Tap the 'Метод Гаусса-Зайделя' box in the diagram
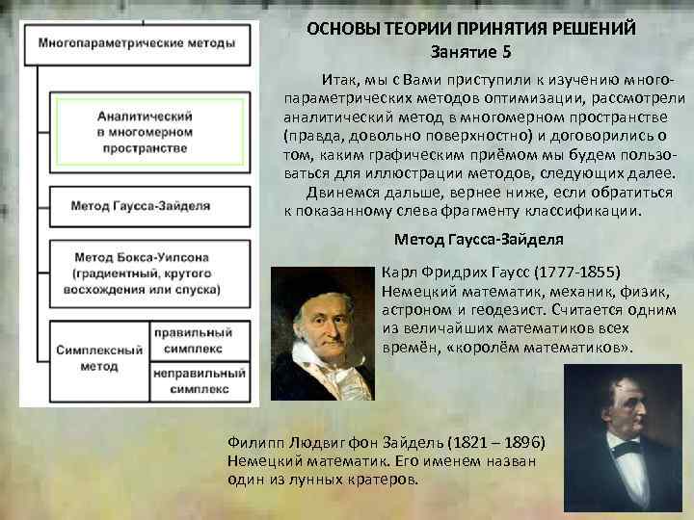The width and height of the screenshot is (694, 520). (143, 204)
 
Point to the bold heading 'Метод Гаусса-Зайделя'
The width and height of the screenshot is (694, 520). (479, 239)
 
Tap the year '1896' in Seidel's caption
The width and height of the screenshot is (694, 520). (524, 442)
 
